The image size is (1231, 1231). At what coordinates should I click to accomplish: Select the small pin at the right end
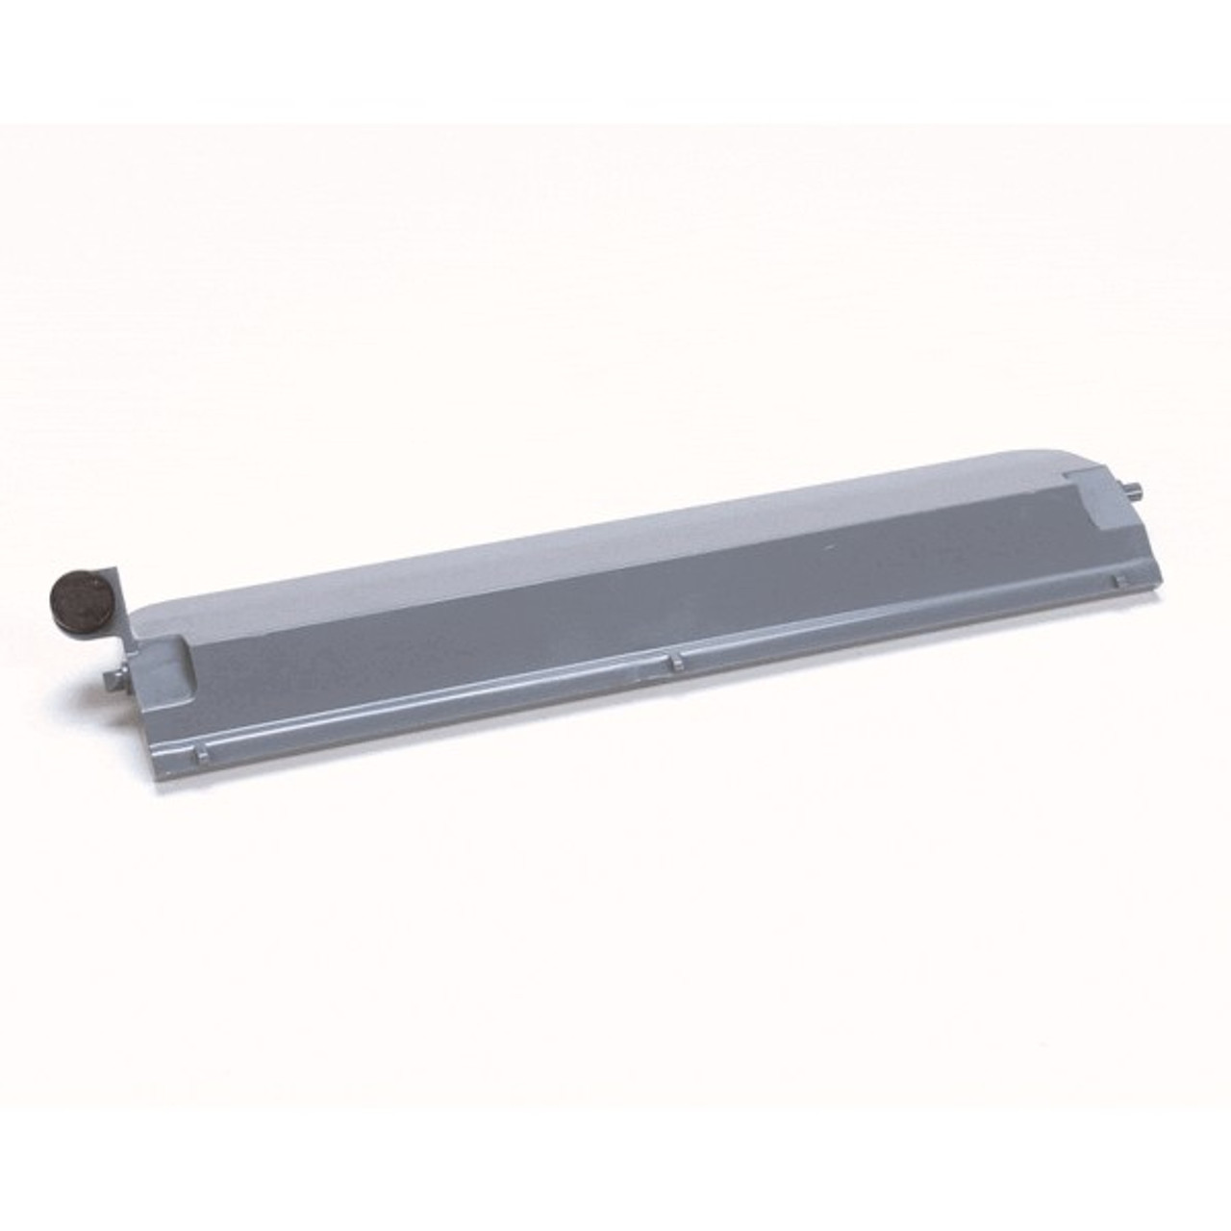(1135, 493)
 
